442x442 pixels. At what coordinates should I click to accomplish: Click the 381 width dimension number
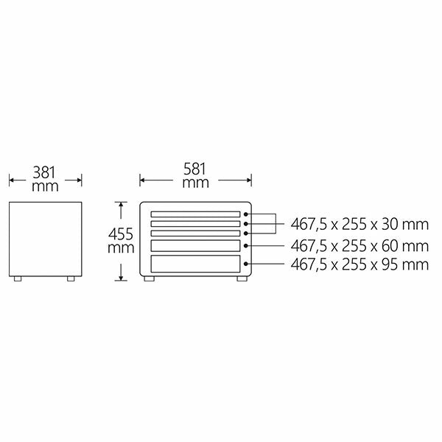(x=44, y=172)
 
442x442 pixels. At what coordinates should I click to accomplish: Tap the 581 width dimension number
(x=194, y=169)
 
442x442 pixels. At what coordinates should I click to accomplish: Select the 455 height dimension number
(x=121, y=234)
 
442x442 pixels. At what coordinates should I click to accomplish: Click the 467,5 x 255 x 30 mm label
(x=359, y=225)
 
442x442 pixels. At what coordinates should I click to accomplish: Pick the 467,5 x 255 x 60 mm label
(x=359, y=246)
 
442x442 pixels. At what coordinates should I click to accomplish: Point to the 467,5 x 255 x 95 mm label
(x=359, y=264)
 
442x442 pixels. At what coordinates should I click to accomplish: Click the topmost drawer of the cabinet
(x=195, y=214)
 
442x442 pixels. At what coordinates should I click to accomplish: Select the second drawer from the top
(x=195, y=224)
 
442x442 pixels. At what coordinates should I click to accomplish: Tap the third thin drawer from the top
(x=195, y=234)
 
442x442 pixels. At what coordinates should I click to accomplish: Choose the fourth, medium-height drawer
(x=195, y=246)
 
